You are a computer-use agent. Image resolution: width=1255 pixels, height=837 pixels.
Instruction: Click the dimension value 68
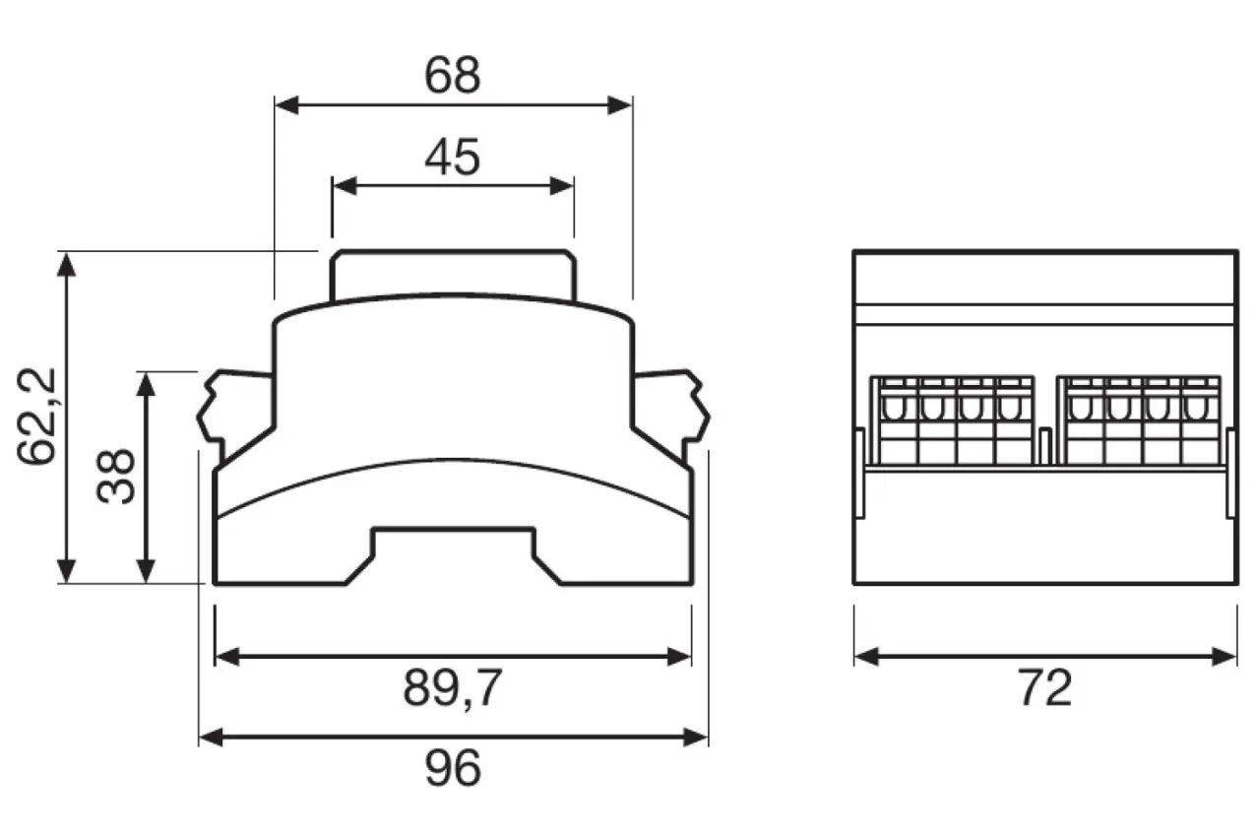[452, 76]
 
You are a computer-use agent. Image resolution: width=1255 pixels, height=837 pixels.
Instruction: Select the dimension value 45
[452, 157]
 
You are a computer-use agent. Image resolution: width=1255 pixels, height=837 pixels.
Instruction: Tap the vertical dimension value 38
[118, 477]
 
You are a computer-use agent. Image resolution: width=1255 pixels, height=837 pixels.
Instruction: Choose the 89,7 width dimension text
[452, 689]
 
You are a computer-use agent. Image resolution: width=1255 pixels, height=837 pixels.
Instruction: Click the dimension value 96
[453, 768]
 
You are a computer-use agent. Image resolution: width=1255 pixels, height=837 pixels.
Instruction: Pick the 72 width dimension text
[1044, 689]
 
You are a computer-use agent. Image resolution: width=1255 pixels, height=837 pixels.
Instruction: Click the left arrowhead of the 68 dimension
[284, 105]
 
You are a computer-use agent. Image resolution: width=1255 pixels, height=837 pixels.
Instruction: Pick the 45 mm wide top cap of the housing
[452, 276]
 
